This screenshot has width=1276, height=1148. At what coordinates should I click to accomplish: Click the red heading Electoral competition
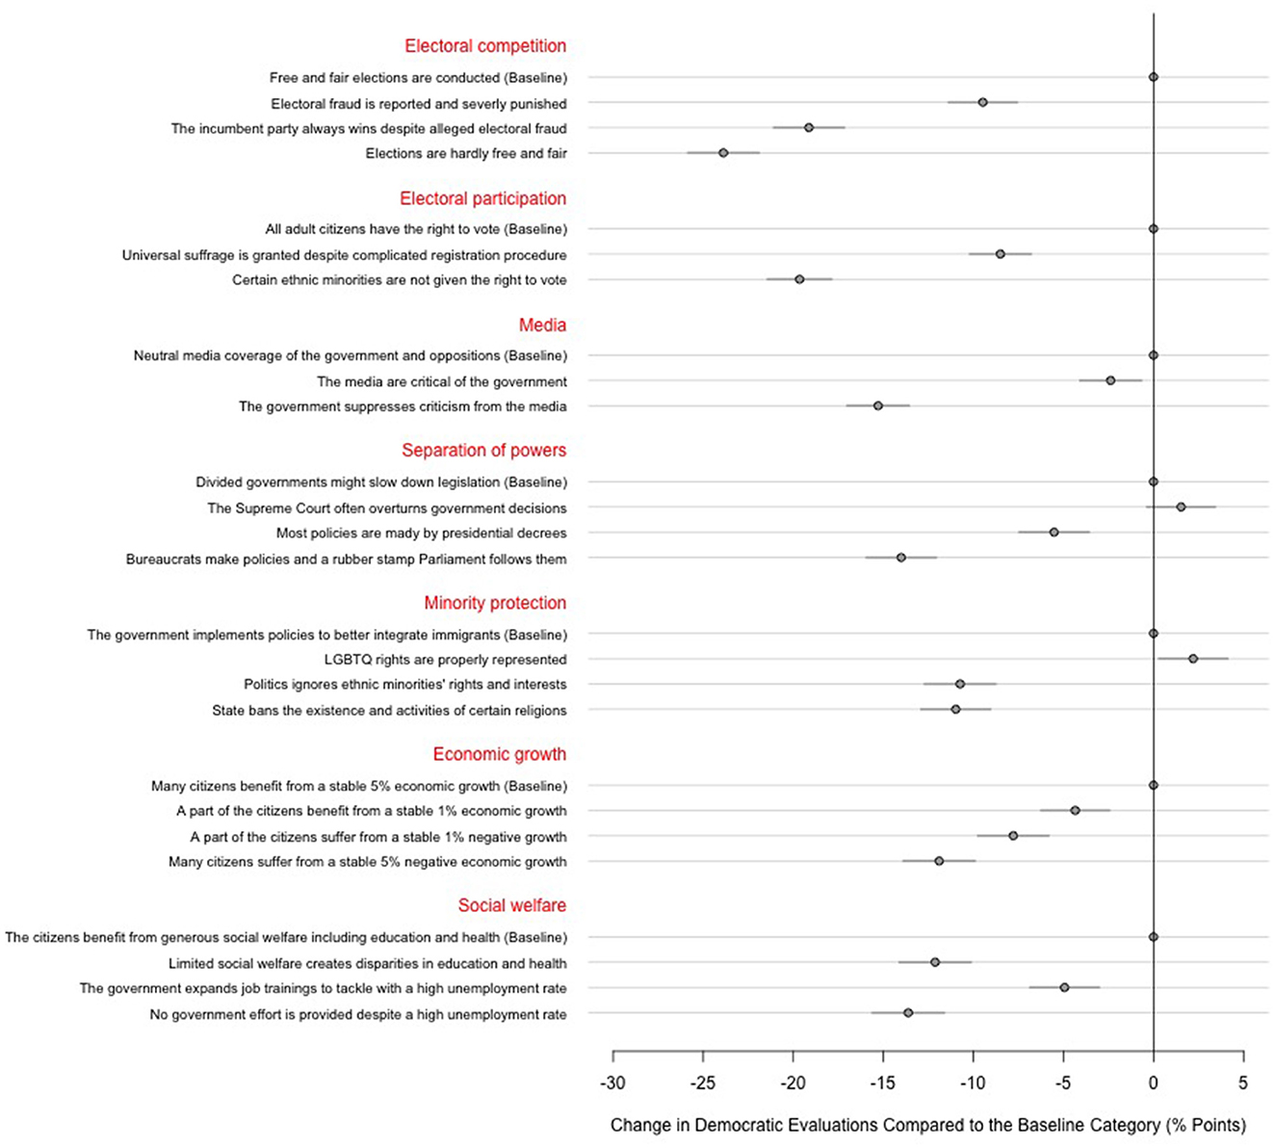[485, 46]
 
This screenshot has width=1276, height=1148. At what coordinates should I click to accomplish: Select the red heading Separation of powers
[483, 451]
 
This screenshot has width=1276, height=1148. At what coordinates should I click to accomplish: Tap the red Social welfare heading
[511, 905]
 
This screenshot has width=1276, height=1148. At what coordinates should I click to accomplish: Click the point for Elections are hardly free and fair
[723, 153]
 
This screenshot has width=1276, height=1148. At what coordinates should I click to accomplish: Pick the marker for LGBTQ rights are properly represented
[1193, 659]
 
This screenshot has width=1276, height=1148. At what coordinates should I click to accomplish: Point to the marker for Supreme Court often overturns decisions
[1181, 507]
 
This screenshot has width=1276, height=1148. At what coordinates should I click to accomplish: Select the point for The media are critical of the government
[1110, 380]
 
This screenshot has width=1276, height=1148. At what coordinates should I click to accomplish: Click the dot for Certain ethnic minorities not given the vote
[799, 279]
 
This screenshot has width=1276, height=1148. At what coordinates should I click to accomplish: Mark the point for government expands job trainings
[1064, 987]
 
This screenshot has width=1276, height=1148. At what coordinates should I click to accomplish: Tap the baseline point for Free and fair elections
[1153, 77]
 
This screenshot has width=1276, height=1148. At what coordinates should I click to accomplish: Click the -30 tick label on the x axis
[612, 1083]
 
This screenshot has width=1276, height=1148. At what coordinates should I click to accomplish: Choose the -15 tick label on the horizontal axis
[883, 1083]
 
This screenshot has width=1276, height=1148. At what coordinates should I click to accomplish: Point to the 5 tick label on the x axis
[1243, 1083]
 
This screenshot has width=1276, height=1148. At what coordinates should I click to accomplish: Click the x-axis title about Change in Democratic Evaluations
[927, 1125]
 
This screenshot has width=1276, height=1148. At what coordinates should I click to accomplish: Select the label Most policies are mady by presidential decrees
[421, 534]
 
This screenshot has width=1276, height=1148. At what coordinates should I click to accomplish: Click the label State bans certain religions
[389, 711]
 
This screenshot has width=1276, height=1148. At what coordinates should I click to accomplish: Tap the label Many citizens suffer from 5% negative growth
[367, 862]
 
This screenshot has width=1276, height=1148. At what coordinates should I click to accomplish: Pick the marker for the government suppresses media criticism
[877, 405]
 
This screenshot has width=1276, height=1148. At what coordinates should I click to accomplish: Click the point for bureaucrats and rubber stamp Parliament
[901, 558]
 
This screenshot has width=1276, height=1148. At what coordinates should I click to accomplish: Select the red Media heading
[542, 326]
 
